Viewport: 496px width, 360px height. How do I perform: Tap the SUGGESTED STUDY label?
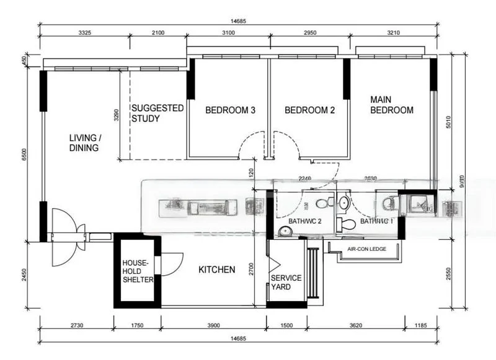coord(157,113)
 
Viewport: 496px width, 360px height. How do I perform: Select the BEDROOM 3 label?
coord(230,110)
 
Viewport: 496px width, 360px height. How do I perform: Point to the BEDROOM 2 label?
coord(309,110)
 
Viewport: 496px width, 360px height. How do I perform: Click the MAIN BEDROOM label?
coord(391,105)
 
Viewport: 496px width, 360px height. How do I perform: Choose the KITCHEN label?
coord(216,270)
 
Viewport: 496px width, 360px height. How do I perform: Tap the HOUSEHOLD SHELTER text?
coord(137,271)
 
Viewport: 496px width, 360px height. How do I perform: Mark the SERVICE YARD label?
coord(286,283)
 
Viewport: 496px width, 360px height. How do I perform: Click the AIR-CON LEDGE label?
coord(366,249)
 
